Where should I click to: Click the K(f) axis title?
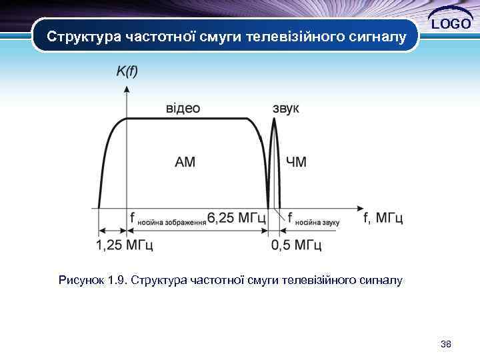click(x=127, y=71)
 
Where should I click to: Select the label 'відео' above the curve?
click(x=183, y=108)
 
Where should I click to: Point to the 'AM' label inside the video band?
click(x=185, y=162)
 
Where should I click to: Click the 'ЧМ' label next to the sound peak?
click(x=296, y=162)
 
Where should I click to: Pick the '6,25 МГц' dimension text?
click(x=237, y=217)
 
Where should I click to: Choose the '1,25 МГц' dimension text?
click(x=125, y=245)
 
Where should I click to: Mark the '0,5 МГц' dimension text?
click(x=297, y=245)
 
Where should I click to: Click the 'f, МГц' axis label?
click(x=383, y=217)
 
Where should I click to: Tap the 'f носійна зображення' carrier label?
click(x=167, y=219)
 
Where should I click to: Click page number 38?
click(x=446, y=344)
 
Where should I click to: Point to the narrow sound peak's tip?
click(x=274, y=120)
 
